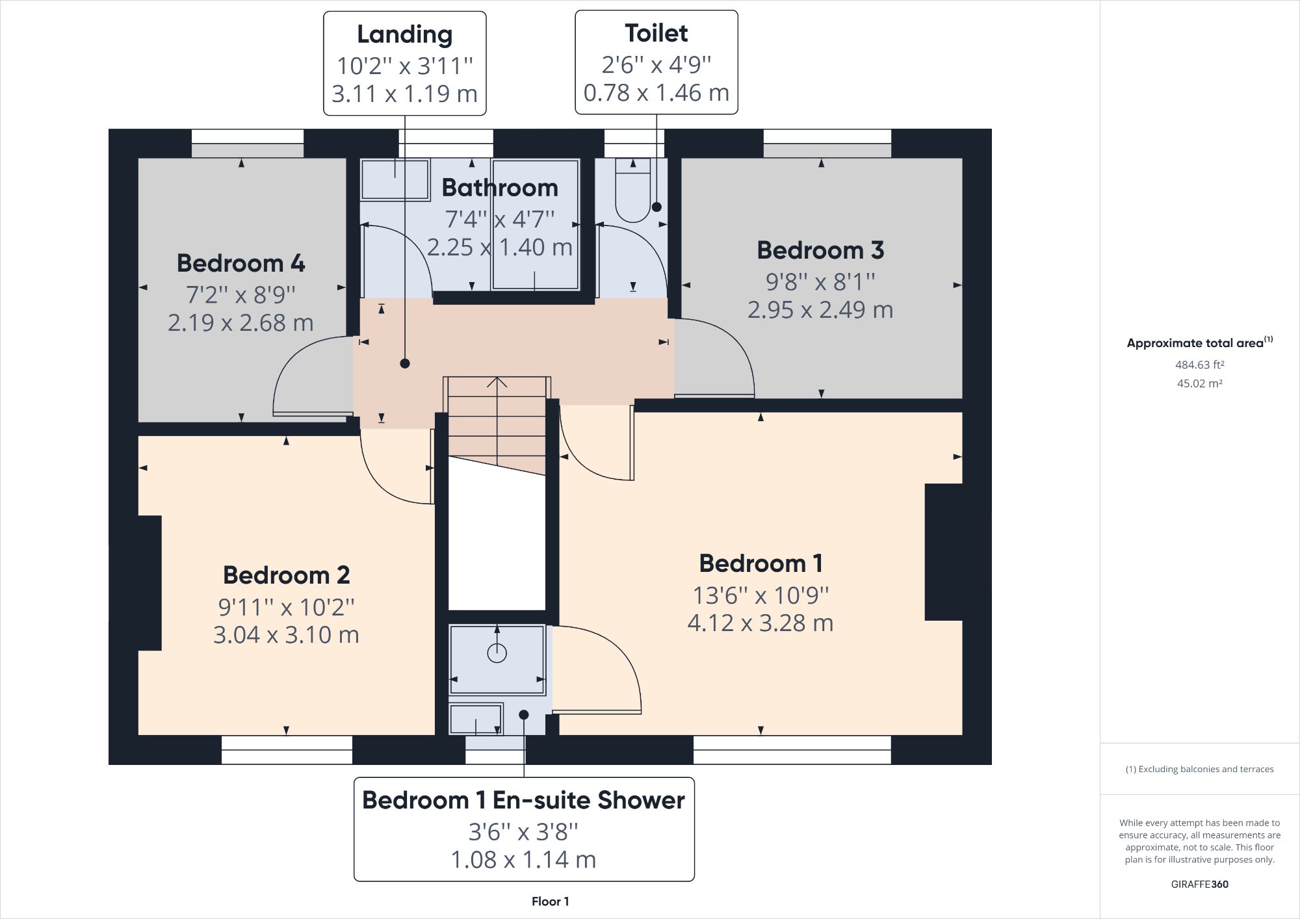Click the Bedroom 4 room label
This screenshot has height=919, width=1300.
point(240,263)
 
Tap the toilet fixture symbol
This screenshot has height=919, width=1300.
point(632,188)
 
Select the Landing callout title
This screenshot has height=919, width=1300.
point(404,34)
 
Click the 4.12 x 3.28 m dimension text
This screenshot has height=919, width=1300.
point(760,623)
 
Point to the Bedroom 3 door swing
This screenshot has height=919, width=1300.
point(721,354)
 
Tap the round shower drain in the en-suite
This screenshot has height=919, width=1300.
point(497,653)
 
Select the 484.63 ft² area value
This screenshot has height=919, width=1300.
point(1199,365)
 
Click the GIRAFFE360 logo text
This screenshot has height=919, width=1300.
point(1199,884)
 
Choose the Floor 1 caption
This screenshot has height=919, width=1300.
point(550,901)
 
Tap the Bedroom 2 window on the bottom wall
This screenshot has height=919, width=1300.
point(287,749)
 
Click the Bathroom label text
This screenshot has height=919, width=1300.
point(499,188)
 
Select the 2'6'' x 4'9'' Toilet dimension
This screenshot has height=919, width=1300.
point(656,64)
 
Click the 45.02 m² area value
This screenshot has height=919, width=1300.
point(1199,383)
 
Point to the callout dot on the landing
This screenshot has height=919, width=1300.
point(405,364)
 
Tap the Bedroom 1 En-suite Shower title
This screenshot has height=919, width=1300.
point(523,800)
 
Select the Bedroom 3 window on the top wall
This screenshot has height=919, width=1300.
point(827,143)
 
